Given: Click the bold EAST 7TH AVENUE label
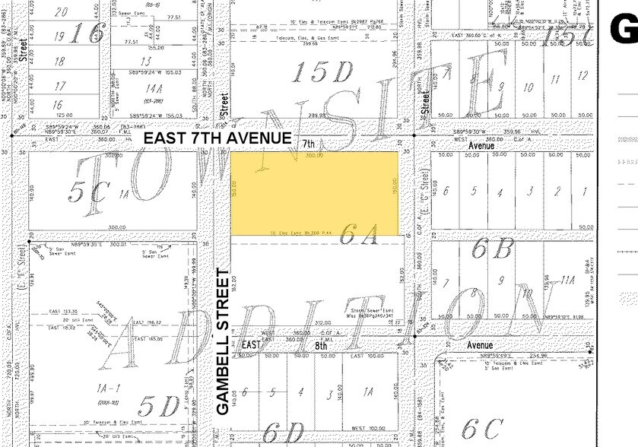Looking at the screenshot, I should tap(217, 138).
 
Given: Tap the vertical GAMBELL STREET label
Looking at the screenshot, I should tap(223, 341).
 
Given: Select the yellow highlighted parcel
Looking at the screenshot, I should tap(314, 193).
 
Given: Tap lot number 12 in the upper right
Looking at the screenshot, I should tap(583, 75).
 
